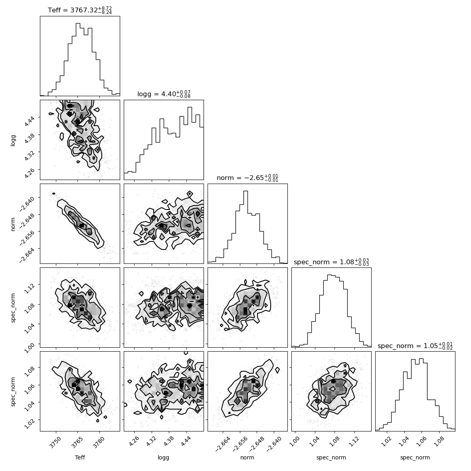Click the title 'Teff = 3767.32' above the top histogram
[80, 10]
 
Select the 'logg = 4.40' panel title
[164, 94]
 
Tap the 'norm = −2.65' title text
[247, 178]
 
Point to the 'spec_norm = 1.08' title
[331, 261]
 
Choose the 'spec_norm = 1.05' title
[415, 345]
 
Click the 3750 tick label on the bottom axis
[55, 443]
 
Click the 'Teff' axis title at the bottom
[80, 457]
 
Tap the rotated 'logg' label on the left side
[13, 140]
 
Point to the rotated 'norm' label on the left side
[13, 224]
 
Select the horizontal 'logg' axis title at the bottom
[163, 457]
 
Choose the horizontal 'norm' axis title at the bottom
[247, 457]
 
